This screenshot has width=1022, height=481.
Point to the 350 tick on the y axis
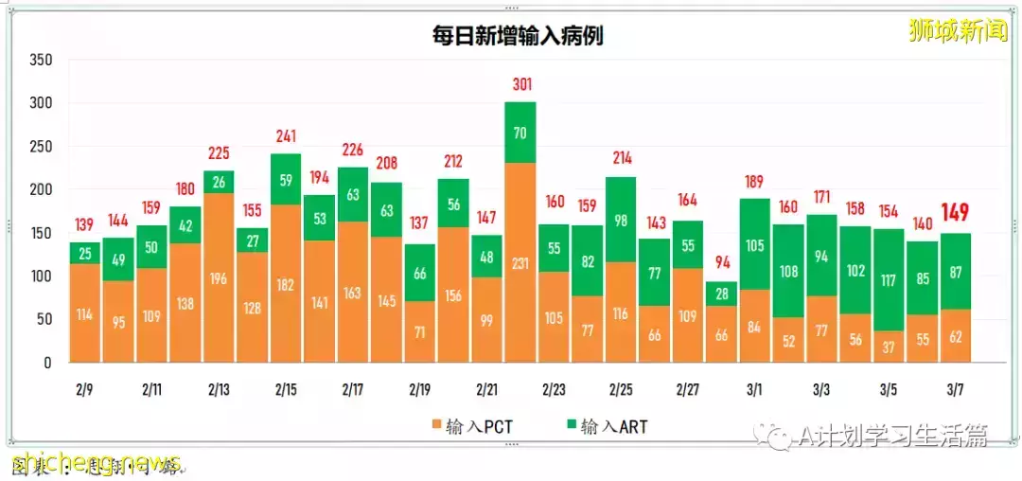pyautogui.click(x=41, y=60)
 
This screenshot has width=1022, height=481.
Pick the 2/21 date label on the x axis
pyautogui.click(x=486, y=389)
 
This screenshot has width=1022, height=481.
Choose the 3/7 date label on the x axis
pyautogui.click(x=956, y=389)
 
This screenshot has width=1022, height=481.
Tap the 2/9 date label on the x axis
pyautogui.click(x=84, y=389)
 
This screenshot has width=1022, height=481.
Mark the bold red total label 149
pyautogui.click(x=956, y=213)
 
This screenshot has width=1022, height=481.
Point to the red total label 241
pyautogui.click(x=286, y=135)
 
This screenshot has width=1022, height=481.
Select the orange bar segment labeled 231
pyautogui.click(x=520, y=262)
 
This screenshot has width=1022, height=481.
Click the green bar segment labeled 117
pyautogui.click(x=889, y=280)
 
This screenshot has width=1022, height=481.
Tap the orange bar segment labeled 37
pyautogui.click(x=889, y=347)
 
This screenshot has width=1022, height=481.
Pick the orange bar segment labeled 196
pyautogui.click(x=219, y=277)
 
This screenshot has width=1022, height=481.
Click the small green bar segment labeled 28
pyautogui.click(x=721, y=294)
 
